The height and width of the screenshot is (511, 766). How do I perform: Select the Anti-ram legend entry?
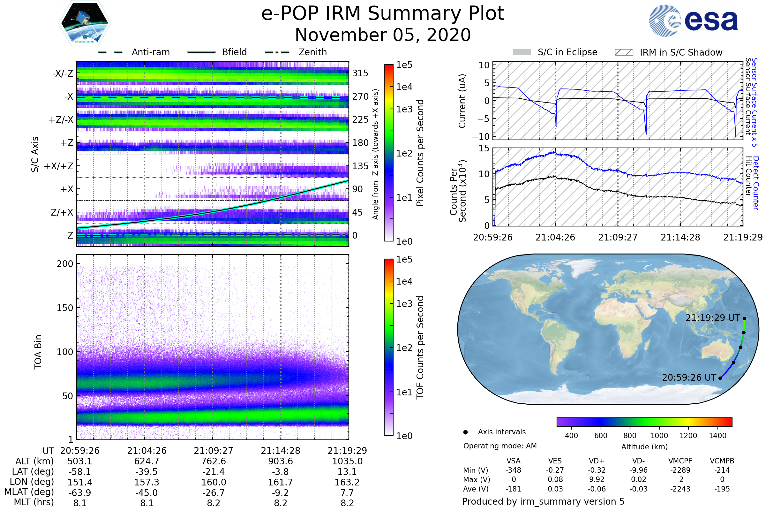click(x=134, y=52)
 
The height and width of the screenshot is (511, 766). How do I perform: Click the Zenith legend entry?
click(x=296, y=52)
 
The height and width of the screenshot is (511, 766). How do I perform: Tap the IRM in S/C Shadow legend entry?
click(x=668, y=52)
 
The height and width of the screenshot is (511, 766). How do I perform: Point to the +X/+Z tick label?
click(x=59, y=166)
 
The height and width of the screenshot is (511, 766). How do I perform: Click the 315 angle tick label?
click(x=360, y=73)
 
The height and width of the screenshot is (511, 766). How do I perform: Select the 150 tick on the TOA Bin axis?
click(x=65, y=308)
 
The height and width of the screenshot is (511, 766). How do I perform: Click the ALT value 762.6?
click(x=214, y=461)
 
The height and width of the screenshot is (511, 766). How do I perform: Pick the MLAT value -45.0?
click(x=146, y=493)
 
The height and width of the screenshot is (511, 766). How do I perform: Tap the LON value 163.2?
click(x=347, y=482)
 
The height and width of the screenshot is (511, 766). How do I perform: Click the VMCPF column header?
click(x=680, y=461)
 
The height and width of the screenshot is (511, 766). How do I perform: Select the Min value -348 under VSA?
click(x=513, y=470)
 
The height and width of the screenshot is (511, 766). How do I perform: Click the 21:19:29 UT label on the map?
click(x=713, y=318)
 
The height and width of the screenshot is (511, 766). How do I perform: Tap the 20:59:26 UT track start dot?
click(x=720, y=378)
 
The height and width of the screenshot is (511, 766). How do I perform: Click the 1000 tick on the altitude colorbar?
click(x=659, y=436)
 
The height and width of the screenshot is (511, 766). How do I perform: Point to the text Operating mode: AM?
click(x=500, y=446)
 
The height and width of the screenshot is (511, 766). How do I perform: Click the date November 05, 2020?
click(x=383, y=35)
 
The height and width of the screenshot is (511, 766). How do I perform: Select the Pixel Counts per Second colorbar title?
click(x=420, y=153)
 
